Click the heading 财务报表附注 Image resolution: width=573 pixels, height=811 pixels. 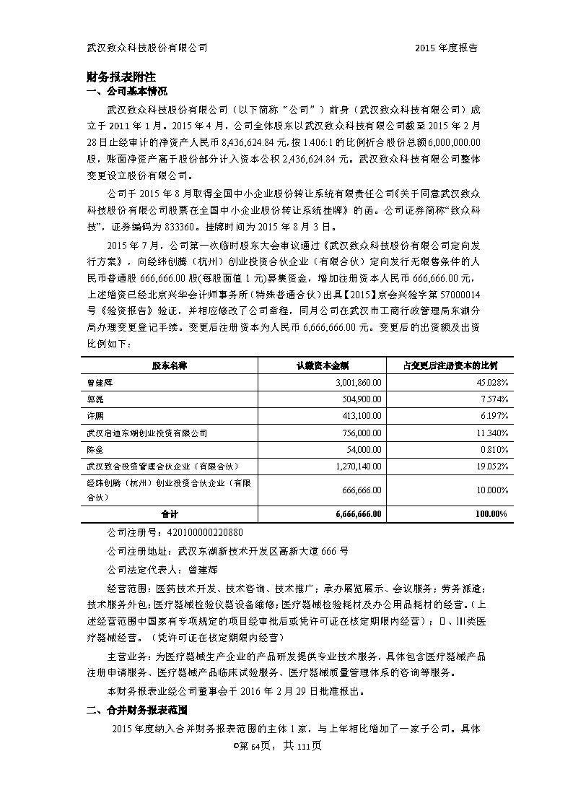click(121, 76)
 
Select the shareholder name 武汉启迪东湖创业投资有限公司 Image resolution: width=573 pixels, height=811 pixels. click(146, 433)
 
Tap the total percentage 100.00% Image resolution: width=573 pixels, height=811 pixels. click(493, 514)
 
